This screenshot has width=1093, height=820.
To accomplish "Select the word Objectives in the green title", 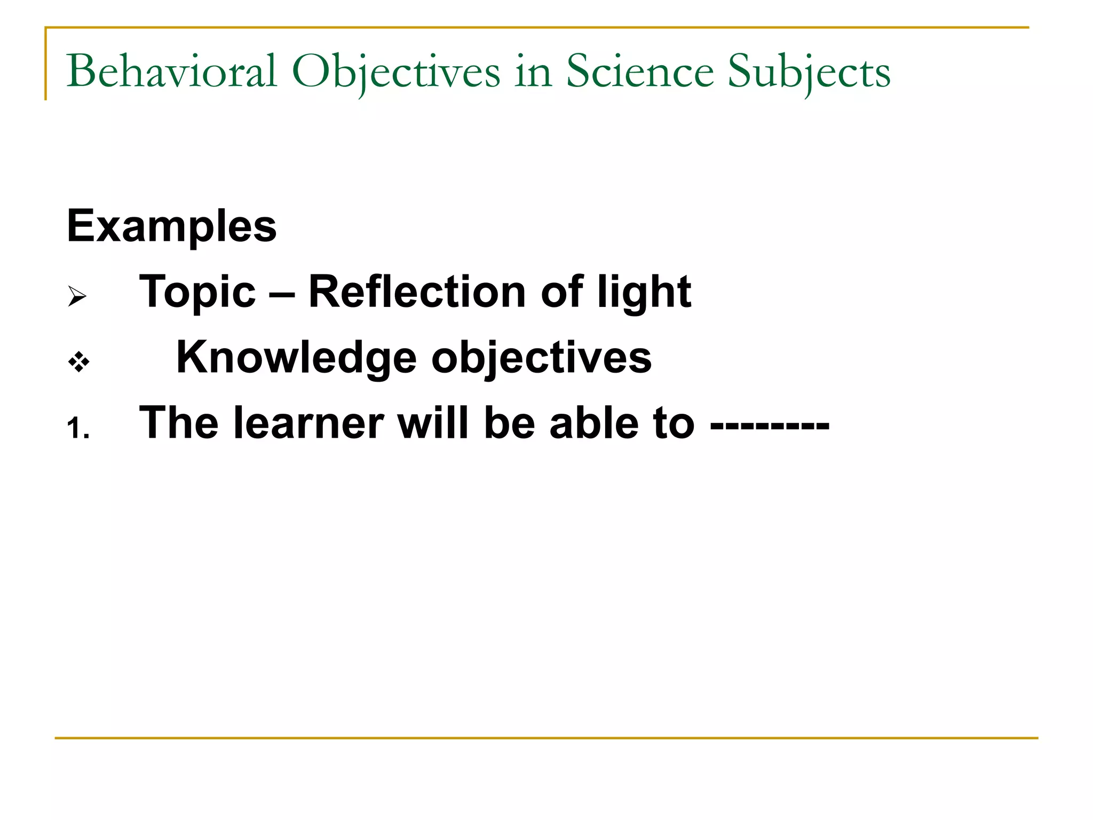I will [x=396, y=72].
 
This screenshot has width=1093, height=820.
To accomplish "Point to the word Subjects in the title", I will [x=809, y=72].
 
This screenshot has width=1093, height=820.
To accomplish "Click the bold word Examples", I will [x=172, y=226].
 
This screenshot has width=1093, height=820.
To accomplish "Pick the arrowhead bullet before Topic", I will [x=77, y=296].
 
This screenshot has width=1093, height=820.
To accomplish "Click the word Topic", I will [x=197, y=293].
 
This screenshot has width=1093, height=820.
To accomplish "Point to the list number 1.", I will [x=78, y=428].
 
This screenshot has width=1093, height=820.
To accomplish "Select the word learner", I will [x=309, y=423].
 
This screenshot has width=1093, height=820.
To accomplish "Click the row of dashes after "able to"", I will [x=770, y=425].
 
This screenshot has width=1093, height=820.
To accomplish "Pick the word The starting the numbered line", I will [x=179, y=423].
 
